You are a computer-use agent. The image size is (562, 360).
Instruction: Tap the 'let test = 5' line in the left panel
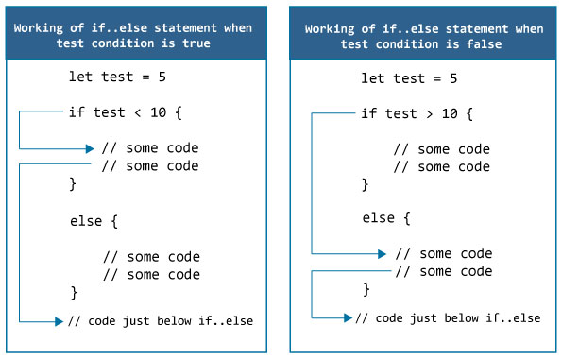point(118,77)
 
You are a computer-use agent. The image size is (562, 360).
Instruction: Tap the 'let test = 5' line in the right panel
point(410,77)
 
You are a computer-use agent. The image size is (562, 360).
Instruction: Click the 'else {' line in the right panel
point(385,217)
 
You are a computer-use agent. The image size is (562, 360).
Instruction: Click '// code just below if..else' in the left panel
point(161,321)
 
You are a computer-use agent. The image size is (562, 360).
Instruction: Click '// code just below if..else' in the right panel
point(448,318)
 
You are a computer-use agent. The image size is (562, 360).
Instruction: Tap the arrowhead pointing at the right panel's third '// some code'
point(381,253)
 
